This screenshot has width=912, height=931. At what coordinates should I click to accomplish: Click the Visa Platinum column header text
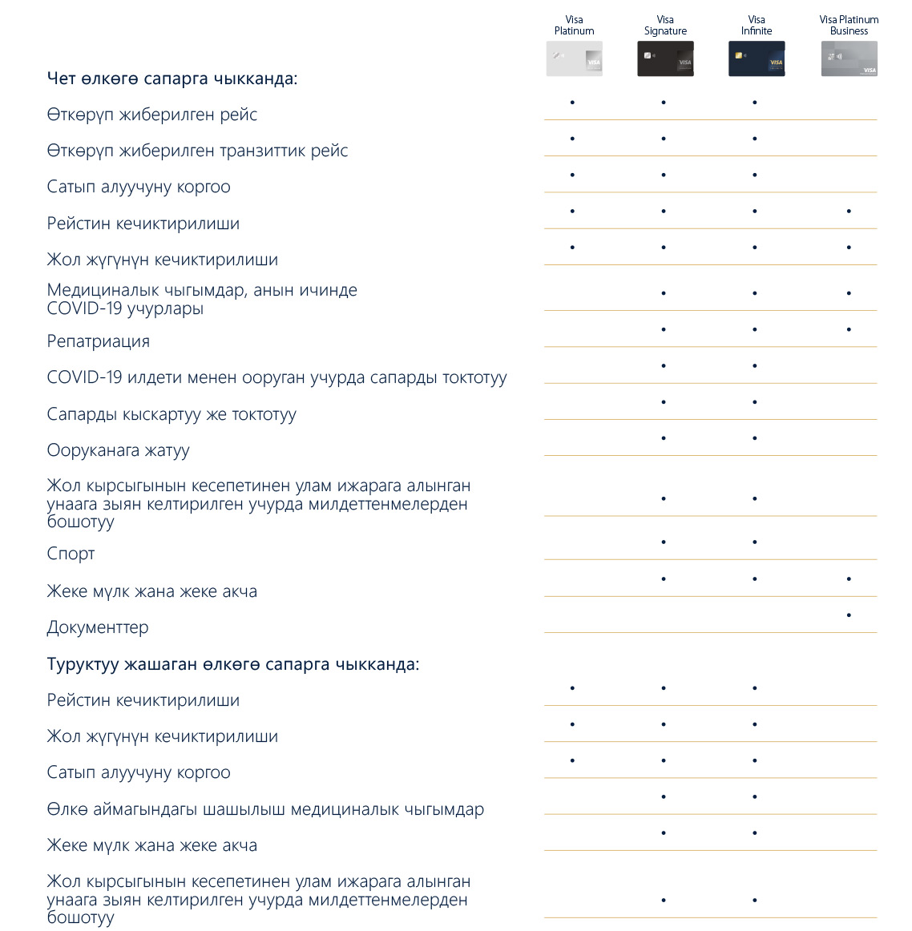point(574,26)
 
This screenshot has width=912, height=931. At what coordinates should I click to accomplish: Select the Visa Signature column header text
point(665,26)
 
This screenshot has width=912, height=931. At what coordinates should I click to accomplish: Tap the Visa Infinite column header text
point(757,26)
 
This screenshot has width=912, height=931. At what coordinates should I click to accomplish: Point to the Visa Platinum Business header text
point(849,26)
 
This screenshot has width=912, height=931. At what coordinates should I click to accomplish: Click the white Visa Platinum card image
point(574,59)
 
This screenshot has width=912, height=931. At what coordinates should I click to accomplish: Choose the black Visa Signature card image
point(665,59)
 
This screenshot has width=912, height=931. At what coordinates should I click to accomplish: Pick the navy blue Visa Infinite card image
point(757,59)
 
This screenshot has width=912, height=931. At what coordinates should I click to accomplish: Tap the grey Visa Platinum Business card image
point(849,59)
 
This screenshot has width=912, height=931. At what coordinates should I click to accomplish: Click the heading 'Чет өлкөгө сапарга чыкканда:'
point(172,79)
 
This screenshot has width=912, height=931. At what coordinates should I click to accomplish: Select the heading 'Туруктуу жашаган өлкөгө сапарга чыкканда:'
point(233,664)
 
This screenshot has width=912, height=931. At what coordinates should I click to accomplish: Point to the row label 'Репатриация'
point(99,341)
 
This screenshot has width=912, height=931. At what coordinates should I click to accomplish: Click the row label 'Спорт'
point(71,554)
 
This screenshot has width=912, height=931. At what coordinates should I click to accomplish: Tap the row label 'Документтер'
point(98,627)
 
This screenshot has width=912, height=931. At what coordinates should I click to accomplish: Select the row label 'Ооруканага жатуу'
point(119,450)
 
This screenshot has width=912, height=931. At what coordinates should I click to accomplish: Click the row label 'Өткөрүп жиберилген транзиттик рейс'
point(197,151)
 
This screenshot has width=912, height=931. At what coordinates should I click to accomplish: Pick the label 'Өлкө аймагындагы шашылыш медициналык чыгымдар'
point(265,809)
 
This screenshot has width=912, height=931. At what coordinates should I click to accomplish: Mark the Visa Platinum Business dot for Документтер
point(849,615)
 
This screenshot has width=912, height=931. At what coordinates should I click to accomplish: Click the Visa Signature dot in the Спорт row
point(664,542)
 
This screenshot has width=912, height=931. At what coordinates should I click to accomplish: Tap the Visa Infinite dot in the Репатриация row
point(755,329)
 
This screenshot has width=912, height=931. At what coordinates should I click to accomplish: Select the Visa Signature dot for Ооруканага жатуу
point(664,438)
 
